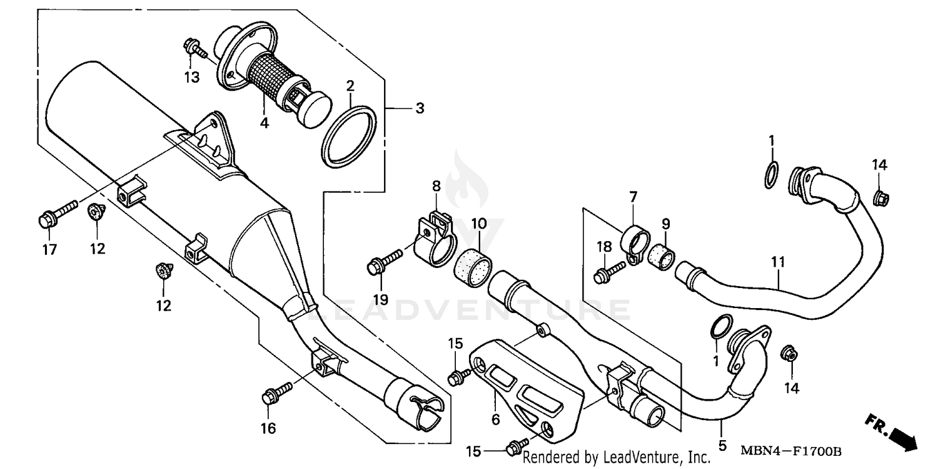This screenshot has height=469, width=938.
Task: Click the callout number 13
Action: (x=191, y=77)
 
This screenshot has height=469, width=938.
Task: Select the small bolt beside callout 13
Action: (x=191, y=47)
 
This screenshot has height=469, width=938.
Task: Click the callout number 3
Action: (x=419, y=108)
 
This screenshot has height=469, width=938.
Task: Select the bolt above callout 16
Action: (x=277, y=393)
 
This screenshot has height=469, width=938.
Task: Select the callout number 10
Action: (x=478, y=223)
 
